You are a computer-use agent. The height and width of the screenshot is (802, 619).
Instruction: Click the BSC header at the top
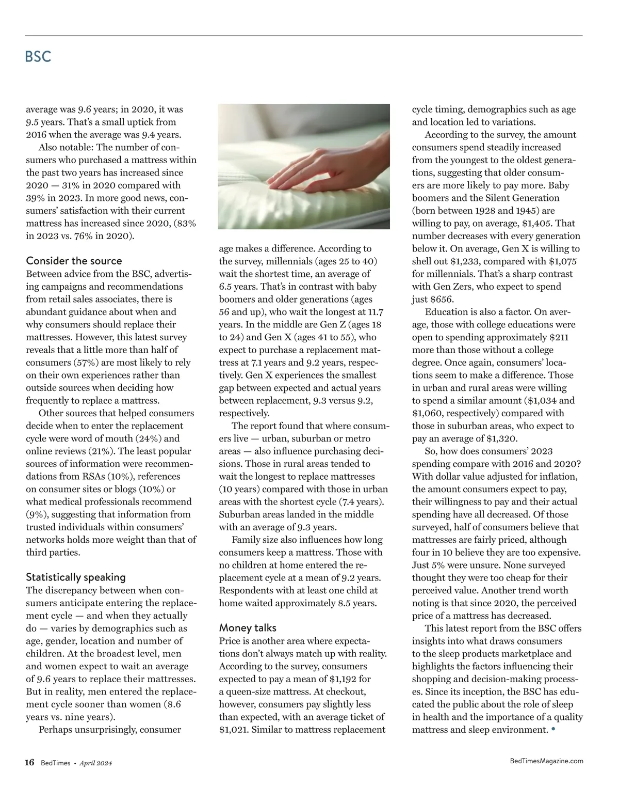coord(38,56)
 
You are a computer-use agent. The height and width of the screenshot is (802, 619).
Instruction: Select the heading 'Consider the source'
coord(74,261)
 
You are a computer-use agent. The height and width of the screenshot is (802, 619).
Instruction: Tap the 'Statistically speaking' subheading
coord(76,577)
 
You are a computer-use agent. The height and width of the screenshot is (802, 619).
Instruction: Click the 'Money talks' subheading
coord(248,627)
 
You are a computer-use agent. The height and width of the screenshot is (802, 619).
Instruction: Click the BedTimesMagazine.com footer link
coord(546,761)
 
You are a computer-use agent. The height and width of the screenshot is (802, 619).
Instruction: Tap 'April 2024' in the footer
coord(95,763)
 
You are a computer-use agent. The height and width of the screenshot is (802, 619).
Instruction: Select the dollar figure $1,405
coord(537,223)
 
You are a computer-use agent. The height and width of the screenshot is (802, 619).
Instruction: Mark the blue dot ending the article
coord(553,729)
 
